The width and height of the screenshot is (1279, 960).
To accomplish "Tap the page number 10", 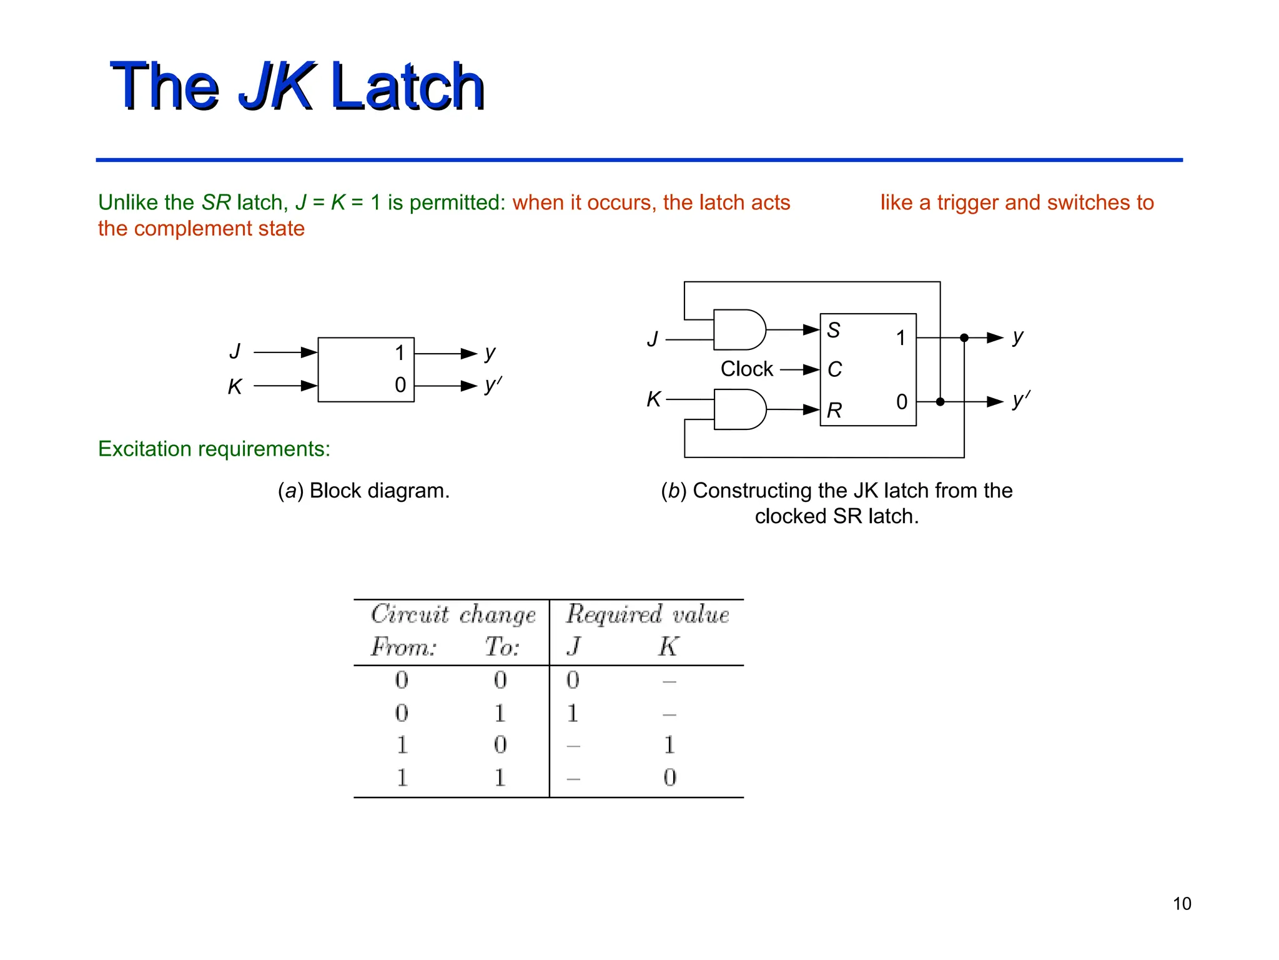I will click(x=1182, y=904).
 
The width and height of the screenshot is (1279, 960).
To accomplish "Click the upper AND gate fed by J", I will click(x=739, y=329).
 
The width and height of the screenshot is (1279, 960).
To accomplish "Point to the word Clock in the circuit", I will click(x=746, y=369).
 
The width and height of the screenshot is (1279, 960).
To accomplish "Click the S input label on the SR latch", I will click(x=834, y=330).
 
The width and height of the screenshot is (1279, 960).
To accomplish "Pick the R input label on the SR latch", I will click(x=834, y=411).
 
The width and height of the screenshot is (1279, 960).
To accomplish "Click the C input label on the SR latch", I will click(x=834, y=369).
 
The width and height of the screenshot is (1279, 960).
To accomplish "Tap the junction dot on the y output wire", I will click(x=964, y=337).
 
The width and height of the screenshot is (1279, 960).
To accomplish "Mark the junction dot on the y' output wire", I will click(x=940, y=401).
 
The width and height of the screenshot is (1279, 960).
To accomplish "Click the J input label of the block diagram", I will click(x=235, y=351).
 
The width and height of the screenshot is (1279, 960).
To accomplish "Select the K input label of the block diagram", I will click(x=235, y=387).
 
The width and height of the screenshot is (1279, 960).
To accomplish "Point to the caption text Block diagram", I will click(x=379, y=491).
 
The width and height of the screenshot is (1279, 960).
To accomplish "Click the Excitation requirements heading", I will click(x=214, y=449).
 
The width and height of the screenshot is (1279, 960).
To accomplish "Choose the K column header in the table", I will click(x=668, y=646).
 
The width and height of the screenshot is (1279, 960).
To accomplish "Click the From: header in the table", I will click(x=403, y=646).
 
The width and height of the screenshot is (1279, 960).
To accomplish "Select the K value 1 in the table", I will click(x=669, y=745).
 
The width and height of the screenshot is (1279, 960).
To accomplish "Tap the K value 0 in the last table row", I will click(x=669, y=777).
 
